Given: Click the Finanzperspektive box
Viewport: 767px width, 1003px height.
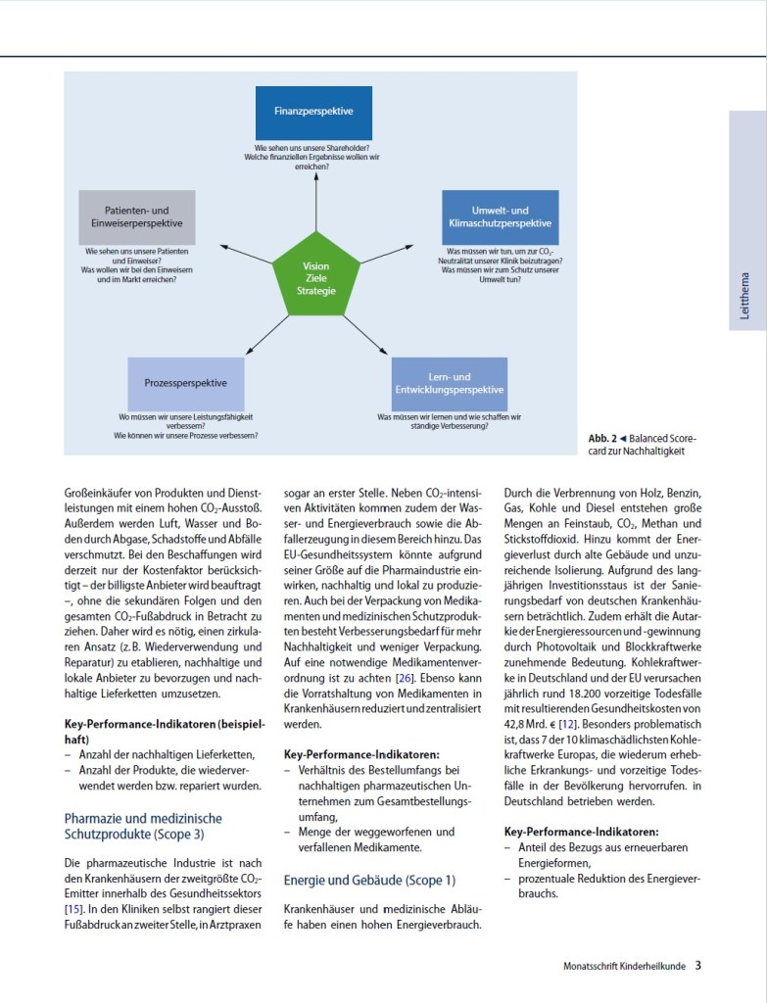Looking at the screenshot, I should [x=315, y=113].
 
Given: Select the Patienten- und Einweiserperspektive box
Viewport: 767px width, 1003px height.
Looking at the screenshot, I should [x=137, y=217].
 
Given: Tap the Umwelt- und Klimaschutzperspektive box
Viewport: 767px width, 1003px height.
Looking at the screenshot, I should [x=500, y=216].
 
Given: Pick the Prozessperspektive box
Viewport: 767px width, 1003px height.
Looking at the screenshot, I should [x=185, y=384].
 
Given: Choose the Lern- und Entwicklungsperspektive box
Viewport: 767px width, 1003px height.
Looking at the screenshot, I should [x=450, y=384].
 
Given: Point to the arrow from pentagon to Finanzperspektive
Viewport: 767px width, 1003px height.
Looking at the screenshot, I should [x=315, y=204].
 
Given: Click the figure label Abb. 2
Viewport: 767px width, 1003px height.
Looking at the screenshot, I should [x=601, y=439].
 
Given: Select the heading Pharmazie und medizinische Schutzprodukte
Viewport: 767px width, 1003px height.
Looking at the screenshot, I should [x=143, y=826].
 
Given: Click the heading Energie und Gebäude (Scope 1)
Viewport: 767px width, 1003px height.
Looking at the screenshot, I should [x=369, y=881].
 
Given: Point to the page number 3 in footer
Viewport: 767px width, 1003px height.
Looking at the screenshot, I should [x=698, y=965].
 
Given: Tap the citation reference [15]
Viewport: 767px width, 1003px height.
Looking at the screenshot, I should [x=73, y=910].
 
